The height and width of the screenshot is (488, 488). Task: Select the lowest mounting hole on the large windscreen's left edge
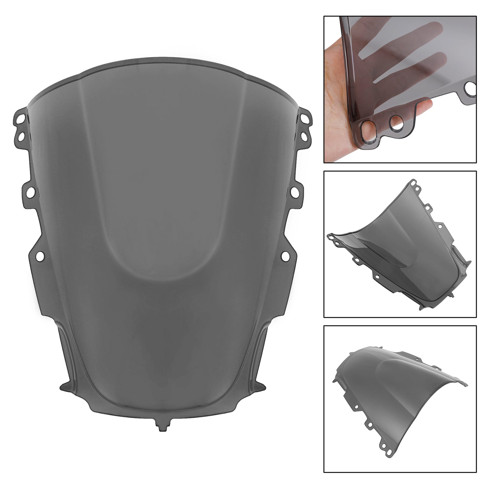39,256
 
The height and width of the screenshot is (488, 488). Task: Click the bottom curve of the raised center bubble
162,279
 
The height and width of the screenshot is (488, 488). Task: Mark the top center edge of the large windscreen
162,58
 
